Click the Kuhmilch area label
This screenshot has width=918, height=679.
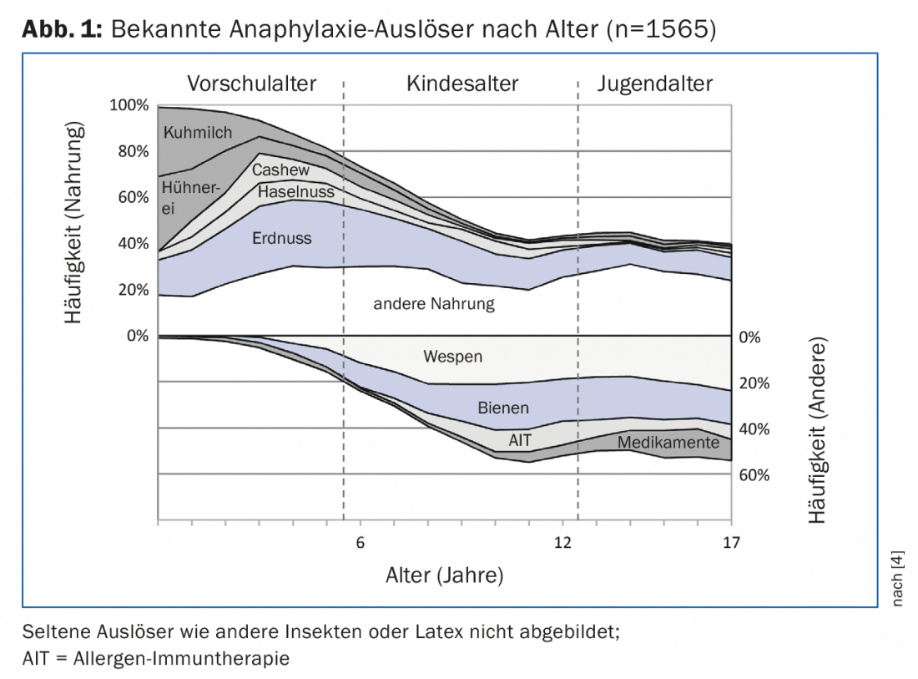198,132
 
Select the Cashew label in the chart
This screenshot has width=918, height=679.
281,170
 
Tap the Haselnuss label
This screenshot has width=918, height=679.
296,191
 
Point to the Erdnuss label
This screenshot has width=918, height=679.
281,238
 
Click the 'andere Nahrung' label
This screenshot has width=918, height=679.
434,303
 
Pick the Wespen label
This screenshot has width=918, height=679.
453,357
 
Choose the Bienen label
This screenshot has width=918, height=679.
503,408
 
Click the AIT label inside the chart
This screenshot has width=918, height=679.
520,439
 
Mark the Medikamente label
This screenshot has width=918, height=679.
668,443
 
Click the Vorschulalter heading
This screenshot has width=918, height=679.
251,84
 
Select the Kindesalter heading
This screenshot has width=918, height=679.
462,84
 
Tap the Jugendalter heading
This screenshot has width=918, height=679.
655,84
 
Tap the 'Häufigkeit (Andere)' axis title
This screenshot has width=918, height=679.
817,431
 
